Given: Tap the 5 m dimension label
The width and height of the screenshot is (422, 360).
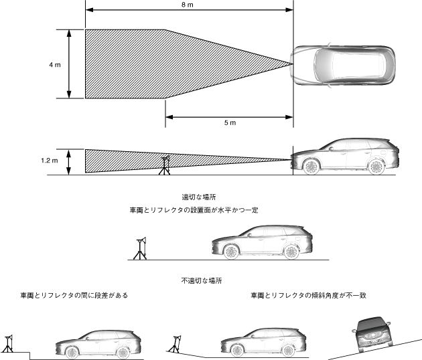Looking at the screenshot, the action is (x=228, y=123).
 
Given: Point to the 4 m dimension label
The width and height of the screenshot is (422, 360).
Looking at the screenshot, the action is (x=55, y=65).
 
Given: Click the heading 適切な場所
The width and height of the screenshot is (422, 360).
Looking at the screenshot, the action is (x=198, y=197).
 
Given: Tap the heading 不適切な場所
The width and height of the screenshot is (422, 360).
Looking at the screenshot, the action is (x=201, y=280).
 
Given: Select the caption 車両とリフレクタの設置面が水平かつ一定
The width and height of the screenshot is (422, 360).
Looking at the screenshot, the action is (x=194, y=210).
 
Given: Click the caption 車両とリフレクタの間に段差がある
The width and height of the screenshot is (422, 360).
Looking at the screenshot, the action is (x=74, y=295).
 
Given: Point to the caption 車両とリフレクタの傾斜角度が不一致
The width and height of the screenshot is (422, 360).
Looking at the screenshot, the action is (x=309, y=295).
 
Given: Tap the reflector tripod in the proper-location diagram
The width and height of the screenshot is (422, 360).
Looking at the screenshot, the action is (x=139, y=247).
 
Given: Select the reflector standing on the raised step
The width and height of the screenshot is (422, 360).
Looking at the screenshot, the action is (x=9, y=342).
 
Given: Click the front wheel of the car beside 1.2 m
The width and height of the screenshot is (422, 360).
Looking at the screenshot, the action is (x=311, y=166).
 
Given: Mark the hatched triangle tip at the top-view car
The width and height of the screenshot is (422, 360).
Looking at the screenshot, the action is (x=292, y=64).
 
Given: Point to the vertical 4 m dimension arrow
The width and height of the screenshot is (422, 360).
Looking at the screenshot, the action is (x=70, y=64).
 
